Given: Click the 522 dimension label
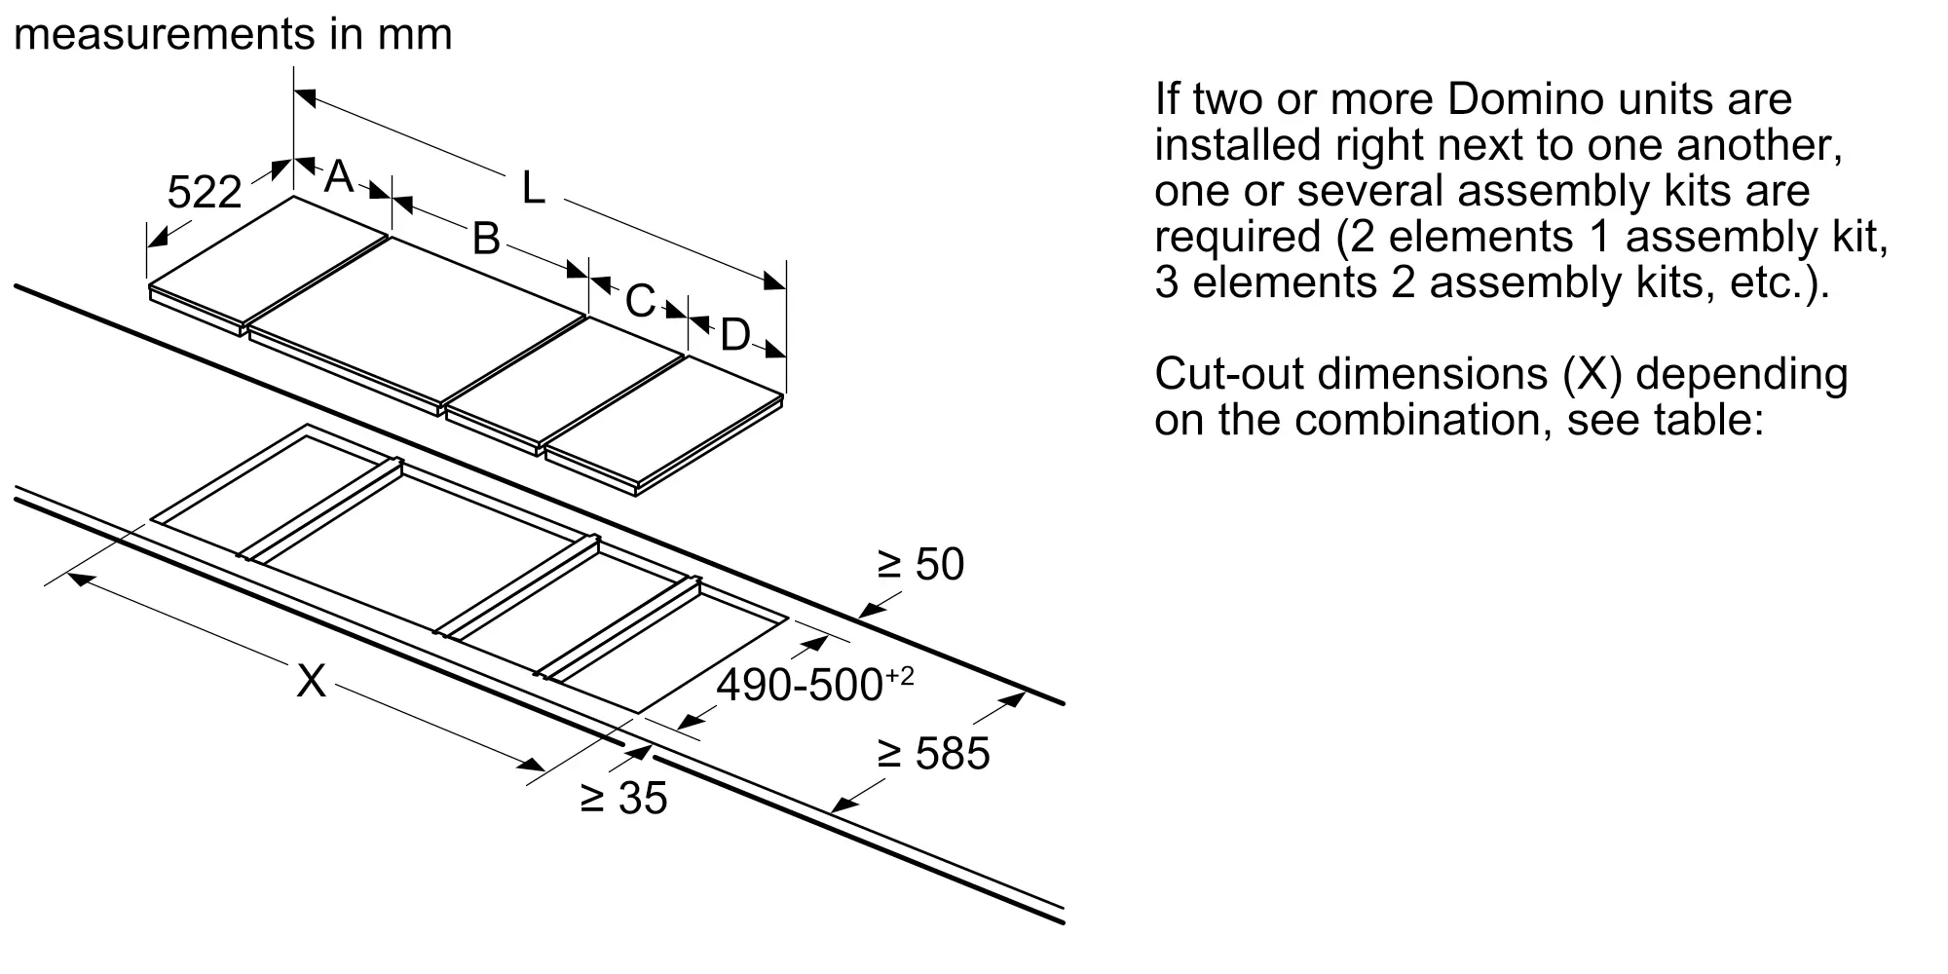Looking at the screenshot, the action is (204, 192).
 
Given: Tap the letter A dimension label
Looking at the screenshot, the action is (338, 176).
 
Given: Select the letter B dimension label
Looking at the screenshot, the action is (485, 238).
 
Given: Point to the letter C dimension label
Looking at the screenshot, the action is (640, 301).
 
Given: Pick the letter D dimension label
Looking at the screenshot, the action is (735, 335).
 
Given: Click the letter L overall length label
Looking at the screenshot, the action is (533, 187).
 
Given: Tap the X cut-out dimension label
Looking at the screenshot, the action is (311, 681).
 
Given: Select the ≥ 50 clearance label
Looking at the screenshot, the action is (920, 565).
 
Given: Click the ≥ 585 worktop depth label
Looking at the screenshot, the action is (933, 754).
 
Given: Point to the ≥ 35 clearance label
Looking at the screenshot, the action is (623, 798).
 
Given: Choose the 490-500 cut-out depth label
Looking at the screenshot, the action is (815, 684).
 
